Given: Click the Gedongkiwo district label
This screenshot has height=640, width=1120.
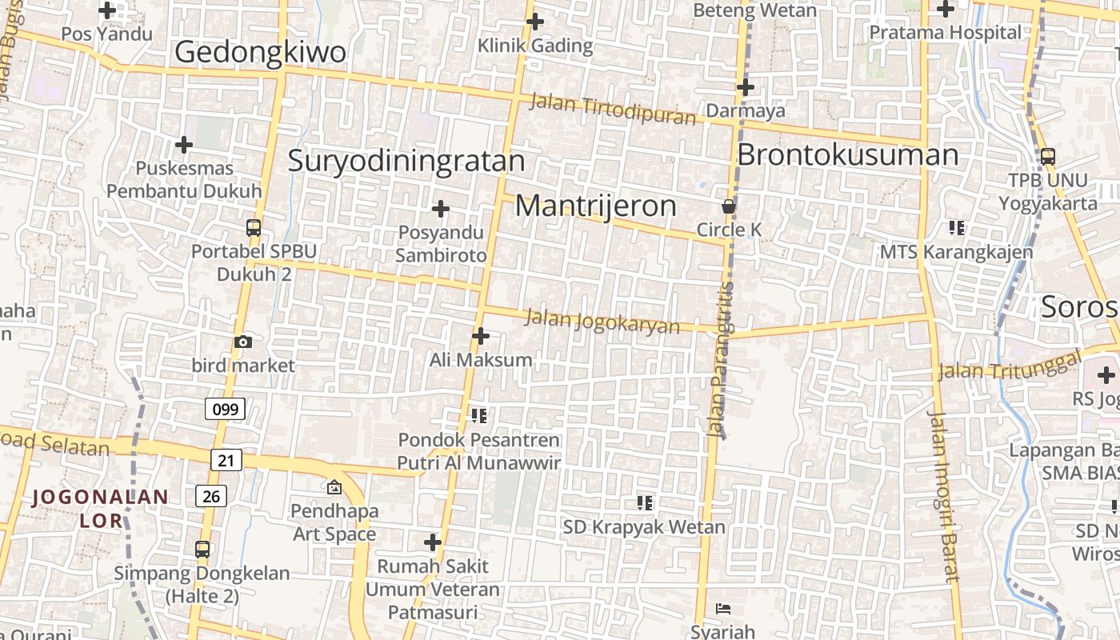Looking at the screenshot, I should [260, 52].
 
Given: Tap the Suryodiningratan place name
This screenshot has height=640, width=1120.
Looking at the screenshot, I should [406, 161].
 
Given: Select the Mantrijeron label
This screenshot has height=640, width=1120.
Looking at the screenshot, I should [596, 206].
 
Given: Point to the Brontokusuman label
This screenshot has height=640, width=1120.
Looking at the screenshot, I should [847, 154].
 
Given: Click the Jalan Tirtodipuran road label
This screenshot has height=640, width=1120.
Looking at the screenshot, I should [613, 110].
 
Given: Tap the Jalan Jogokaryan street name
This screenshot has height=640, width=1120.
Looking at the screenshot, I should [602, 321].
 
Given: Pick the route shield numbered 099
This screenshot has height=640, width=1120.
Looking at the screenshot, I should [225, 410].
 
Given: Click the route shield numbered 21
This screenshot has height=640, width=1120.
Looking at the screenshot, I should [227, 460].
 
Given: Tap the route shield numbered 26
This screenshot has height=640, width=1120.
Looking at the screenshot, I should [211, 496].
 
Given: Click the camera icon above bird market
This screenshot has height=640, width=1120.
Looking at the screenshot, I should [243, 342].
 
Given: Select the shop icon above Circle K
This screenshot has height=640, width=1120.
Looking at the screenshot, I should [729, 206].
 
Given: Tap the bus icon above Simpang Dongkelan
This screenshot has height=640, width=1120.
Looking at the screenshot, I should [202, 550].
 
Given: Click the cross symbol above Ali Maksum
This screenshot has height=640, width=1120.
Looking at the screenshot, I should [480, 336].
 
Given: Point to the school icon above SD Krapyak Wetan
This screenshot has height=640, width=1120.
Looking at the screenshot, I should [644, 503].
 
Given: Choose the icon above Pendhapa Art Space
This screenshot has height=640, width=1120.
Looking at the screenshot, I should [334, 486].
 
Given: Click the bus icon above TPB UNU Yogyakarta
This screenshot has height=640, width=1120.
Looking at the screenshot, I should [1048, 157].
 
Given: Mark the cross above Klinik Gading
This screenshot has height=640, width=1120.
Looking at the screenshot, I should [535, 22].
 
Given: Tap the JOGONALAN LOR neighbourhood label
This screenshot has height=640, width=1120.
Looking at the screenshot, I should [101, 509].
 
